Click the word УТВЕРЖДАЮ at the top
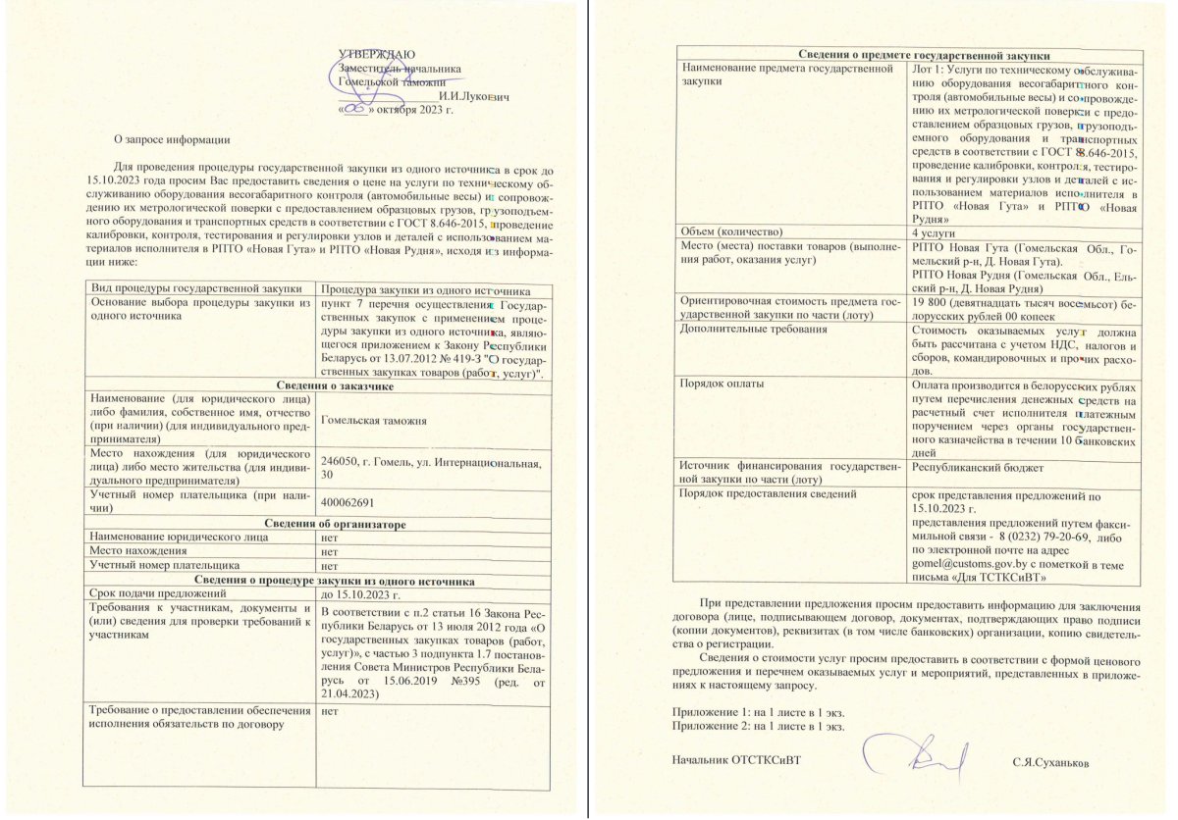pyautogui.click(x=376, y=54)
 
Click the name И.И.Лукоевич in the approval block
pyautogui.click(x=474, y=96)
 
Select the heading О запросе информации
pyautogui.click(x=172, y=140)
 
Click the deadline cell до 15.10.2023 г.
pyautogui.click(x=361, y=594)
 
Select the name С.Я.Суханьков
pyautogui.click(x=1051, y=761)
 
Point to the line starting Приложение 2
pyautogui.click(x=758, y=726)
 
